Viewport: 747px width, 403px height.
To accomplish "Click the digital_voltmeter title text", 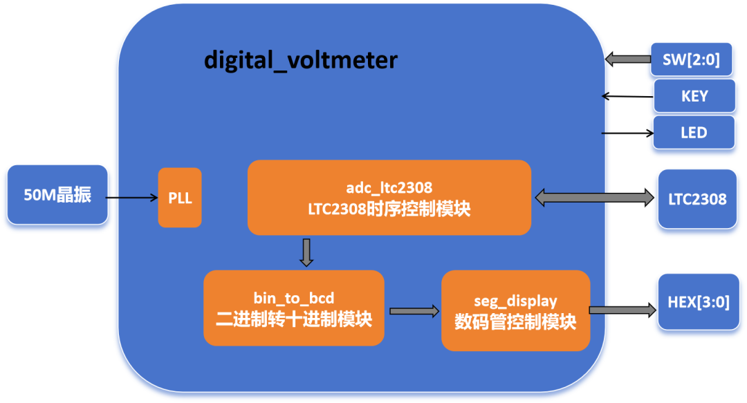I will tap(300, 60).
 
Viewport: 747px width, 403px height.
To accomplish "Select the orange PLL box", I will tap(180, 198).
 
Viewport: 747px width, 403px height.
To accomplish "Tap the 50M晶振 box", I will tap(57, 195).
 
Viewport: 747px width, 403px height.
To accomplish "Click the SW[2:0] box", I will tap(691, 60).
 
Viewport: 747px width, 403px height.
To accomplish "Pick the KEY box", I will tap(694, 96).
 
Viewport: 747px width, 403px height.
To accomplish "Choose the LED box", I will tap(694, 132).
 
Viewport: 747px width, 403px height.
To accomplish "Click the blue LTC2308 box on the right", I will tap(697, 199).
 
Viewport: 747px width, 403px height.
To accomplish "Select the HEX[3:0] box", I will tap(698, 302).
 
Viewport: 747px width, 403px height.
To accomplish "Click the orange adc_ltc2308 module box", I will tap(389, 198).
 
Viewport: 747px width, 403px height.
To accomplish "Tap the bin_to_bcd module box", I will tap(293, 308).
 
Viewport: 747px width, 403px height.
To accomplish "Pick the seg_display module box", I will tap(515, 310).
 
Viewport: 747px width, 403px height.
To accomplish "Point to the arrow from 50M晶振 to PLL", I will tap(133, 198).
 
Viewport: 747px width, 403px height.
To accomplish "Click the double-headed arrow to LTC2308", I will tap(594, 198).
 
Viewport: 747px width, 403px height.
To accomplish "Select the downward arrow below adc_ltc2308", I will tap(306, 252).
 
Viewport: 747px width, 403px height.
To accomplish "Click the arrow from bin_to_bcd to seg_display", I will tap(414, 311).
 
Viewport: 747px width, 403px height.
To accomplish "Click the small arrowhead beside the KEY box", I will tap(607, 96).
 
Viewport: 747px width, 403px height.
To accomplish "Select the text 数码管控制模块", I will tap(515, 322).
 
